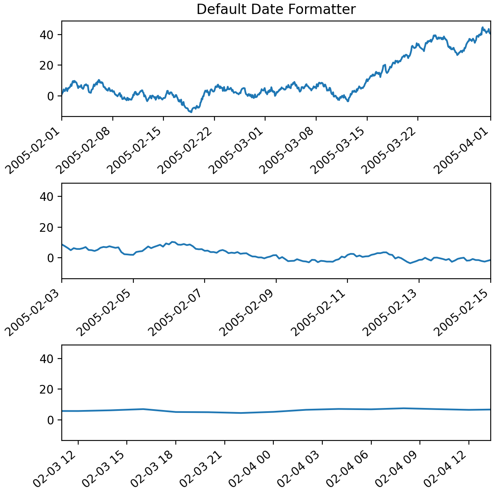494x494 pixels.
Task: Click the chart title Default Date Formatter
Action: click(276, 9)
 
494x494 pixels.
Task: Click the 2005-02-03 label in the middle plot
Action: click(37, 308)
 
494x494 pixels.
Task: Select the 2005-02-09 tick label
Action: click(251, 308)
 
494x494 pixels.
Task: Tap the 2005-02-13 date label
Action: click(394, 308)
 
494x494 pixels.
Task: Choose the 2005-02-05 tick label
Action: click(108, 308)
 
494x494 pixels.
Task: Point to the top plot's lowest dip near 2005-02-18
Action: click(190, 112)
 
